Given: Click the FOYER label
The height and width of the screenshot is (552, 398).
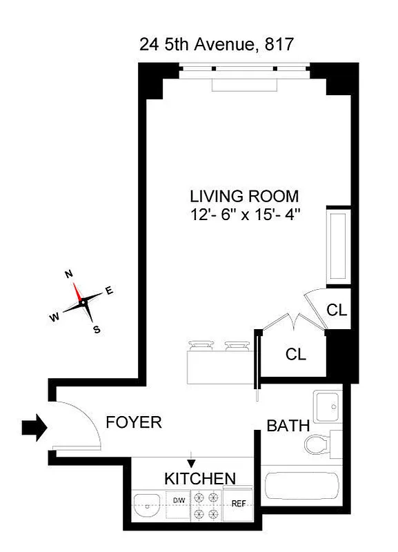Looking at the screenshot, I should [x=133, y=422].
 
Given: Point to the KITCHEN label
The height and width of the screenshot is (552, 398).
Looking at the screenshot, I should [x=200, y=478].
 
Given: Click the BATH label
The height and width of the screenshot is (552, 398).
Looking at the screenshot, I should [x=288, y=426].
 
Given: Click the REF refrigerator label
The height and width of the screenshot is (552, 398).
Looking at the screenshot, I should [x=239, y=504].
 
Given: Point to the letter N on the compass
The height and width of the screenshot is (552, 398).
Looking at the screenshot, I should [x=69, y=274].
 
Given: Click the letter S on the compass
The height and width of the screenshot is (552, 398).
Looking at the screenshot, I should [x=97, y=329].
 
